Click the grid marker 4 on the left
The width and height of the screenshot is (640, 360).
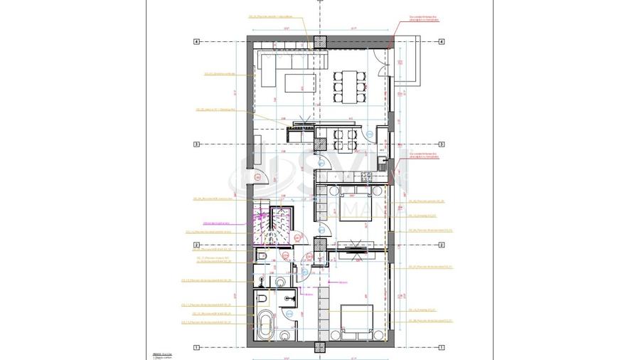196,42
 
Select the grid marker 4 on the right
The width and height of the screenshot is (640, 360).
442,42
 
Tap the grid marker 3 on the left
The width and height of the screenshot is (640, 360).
196,144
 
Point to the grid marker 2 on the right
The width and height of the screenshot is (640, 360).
442,245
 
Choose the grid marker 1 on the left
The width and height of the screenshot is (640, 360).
196,347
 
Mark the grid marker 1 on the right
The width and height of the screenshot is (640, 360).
442,347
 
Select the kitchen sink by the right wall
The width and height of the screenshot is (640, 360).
383,162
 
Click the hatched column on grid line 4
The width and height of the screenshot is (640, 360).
319,42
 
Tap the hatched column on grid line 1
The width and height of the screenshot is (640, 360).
319,348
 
